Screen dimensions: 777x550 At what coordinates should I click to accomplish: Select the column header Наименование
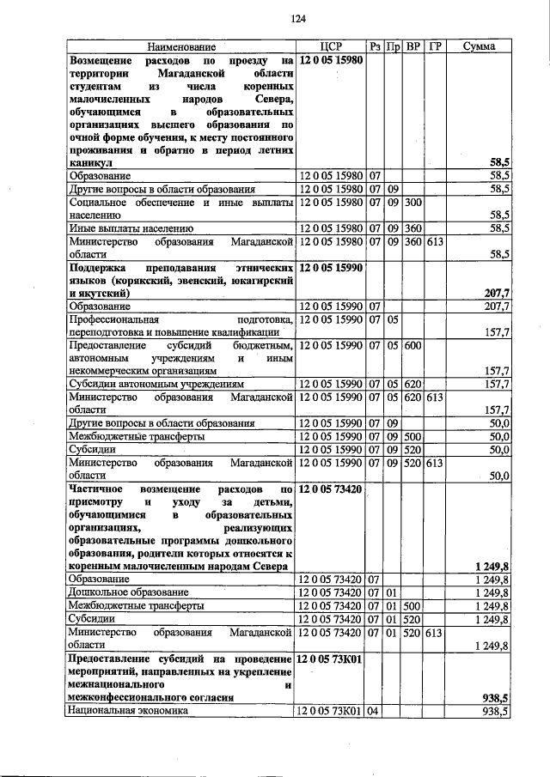[180, 46]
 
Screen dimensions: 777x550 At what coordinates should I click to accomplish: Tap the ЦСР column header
[331, 46]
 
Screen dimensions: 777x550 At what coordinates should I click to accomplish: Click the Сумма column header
[479, 46]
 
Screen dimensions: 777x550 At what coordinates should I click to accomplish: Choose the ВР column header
[413, 46]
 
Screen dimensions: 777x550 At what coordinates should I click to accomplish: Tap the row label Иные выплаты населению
[131, 228]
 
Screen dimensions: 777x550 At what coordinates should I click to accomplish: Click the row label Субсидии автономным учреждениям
[157, 384]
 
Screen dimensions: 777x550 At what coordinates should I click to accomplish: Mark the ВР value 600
[413, 345]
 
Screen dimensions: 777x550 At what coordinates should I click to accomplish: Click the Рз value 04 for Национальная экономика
[375, 711]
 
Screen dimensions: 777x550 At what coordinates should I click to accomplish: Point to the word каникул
[90, 161]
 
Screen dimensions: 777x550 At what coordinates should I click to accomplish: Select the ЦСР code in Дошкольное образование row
[331, 592]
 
